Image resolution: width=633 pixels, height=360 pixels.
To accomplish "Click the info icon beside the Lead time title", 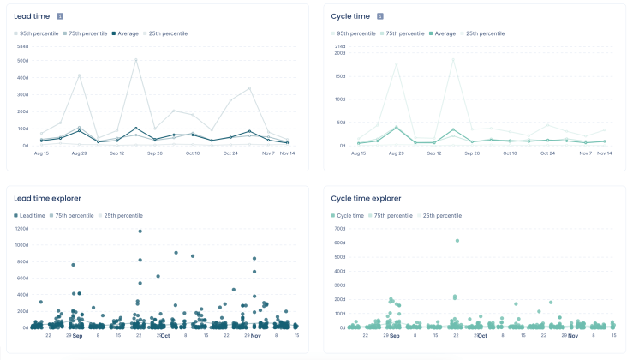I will click(x=60, y=16).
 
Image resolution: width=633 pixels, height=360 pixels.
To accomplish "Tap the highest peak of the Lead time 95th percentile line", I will click(x=136, y=59).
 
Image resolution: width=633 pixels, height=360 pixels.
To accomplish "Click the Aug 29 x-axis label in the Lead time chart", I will click(x=79, y=153).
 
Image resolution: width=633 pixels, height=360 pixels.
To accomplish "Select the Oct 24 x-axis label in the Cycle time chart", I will click(x=547, y=153).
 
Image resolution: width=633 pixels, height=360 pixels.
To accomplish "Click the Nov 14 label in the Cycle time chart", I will click(x=605, y=153).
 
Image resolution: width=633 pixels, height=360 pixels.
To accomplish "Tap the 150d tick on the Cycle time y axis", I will click(x=340, y=75).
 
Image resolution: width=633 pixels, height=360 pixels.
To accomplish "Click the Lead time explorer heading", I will click(x=48, y=198).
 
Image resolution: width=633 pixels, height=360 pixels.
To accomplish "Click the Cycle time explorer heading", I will click(x=367, y=198).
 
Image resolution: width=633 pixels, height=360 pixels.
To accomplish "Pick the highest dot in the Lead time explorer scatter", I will click(x=140, y=231).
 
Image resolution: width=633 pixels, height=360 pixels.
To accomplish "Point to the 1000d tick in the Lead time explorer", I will click(x=22, y=244).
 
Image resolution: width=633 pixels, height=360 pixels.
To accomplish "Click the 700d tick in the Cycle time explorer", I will click(x=340, y=229).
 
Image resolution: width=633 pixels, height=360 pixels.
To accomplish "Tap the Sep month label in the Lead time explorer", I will click(x=77, y=336).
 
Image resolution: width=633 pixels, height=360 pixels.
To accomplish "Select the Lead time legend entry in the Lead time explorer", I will click(x=30, y=215).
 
